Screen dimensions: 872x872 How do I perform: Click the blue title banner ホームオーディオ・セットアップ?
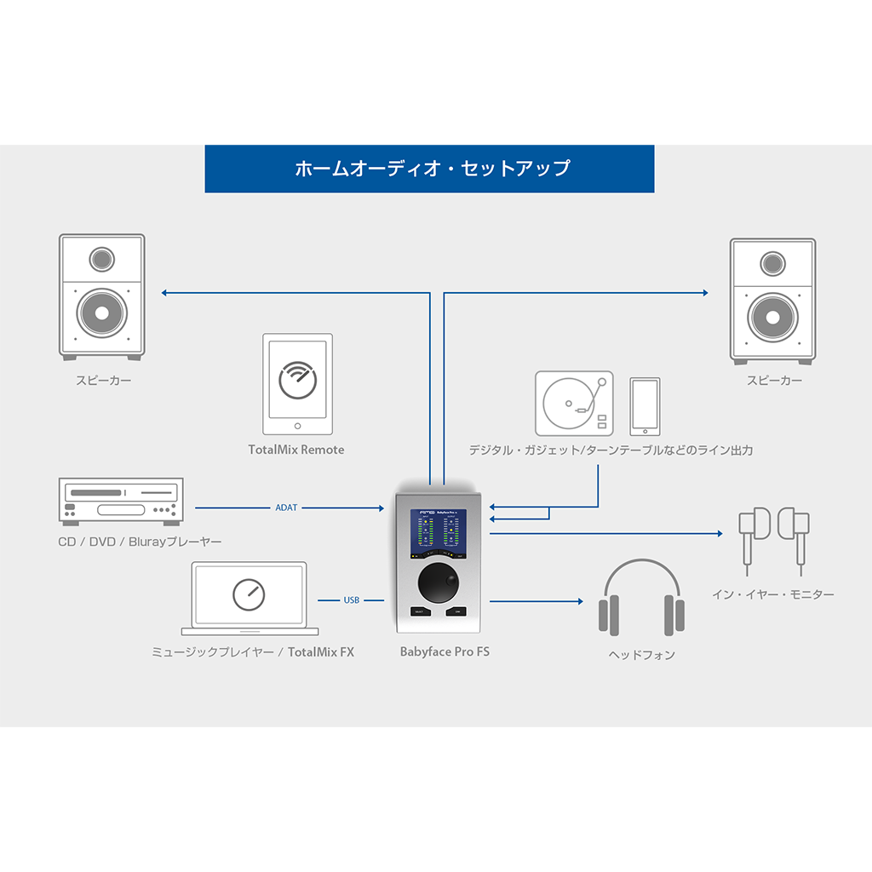pyautogui.click(x=430, y=169)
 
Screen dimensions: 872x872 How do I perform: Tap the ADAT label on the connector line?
pyautogui.click(x=287, y=508)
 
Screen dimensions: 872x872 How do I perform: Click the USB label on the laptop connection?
pyautogui.click(x=351, y=600)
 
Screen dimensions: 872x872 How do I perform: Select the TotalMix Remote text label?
pyautogui.click(x=296, y=450)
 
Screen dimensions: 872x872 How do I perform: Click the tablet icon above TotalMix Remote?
pyautogui.click(x=296, y=384)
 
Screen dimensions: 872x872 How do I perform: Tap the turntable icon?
pyautogui.click(x=574, y=404)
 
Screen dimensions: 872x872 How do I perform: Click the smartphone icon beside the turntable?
pyautogui.click(x=645, y=405)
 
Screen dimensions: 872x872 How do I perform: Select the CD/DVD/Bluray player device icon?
pyautogui.click(x=120, y=500)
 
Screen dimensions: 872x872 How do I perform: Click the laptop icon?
pyautogui.click(x=249, y=598)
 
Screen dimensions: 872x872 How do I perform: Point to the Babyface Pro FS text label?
pyautogui.click(x=445, y=652)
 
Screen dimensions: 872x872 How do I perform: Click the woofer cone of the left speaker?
pyautogui.click(x=102, y=313)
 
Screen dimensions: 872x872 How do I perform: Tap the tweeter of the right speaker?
pyautogui.click(x=772, y=262)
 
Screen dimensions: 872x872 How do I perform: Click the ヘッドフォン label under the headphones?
pyautogui.click(x=641, y=655)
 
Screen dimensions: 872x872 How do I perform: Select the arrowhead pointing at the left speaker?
pyautogui.click(x=164, y=293)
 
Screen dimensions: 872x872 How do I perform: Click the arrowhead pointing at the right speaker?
pyautogui.click(x=705, y=293)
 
